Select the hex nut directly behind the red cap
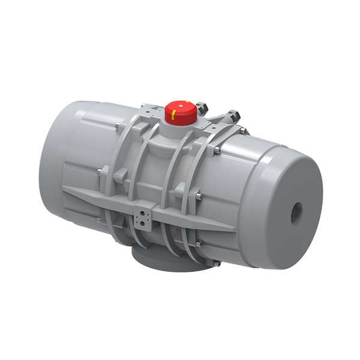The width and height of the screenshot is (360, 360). pos(201,109)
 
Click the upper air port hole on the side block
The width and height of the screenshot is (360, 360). pos(143,212)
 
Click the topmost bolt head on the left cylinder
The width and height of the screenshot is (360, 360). pos(115,126)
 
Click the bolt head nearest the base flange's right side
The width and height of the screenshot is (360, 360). pos(214,263)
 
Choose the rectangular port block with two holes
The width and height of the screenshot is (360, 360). pos(143,217)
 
